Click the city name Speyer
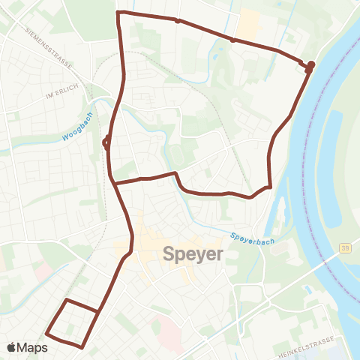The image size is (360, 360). pyautogui.click(x=193, y=254)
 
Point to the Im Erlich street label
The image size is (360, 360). pyautogui.click(x=61, y=95)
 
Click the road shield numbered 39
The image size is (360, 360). pyautogui.click(x=344, y=248)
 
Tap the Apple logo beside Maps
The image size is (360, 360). pyautogui.click(x=12, y=347)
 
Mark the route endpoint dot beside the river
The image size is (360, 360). pyautogui.click(x=310, y=65)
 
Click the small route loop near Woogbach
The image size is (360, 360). pyautogui.click(x=106, y=142)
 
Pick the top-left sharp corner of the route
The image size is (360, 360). pyautogui.click(x=118, y=13)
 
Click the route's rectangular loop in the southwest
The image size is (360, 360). pyautogui.click(x=72, y=322)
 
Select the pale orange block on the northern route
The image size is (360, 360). pyautogui.click(x=247, y=25)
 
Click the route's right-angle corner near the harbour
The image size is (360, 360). pyautogui.click(x=269, y=185)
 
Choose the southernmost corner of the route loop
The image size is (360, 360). pyautogui.click(x=81, y=346)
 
